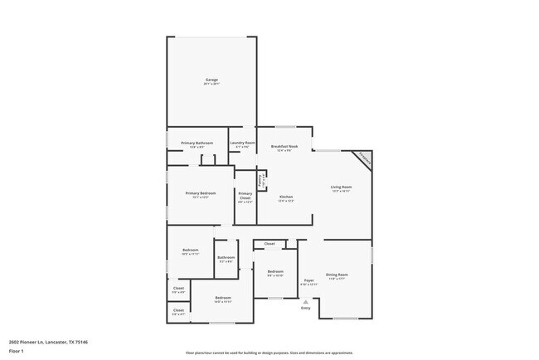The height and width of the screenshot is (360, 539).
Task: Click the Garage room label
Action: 211,80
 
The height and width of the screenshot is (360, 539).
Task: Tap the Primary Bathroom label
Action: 197,144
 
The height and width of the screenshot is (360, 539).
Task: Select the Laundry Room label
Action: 242,143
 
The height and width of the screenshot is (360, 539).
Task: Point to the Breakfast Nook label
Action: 284,146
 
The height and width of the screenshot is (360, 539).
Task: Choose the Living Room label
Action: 342,187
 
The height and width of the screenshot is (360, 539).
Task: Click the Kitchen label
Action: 285,197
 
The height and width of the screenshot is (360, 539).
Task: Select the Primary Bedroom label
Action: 201,193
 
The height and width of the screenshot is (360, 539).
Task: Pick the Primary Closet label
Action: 245,196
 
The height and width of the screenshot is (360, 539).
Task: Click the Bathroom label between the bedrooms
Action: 226,257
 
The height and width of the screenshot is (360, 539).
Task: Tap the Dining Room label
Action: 337,274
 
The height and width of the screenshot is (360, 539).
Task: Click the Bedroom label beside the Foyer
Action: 275,271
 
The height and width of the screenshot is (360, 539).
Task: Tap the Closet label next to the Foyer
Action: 269,244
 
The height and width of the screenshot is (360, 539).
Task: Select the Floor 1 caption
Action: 16,351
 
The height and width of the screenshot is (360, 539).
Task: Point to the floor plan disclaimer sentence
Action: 269,352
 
